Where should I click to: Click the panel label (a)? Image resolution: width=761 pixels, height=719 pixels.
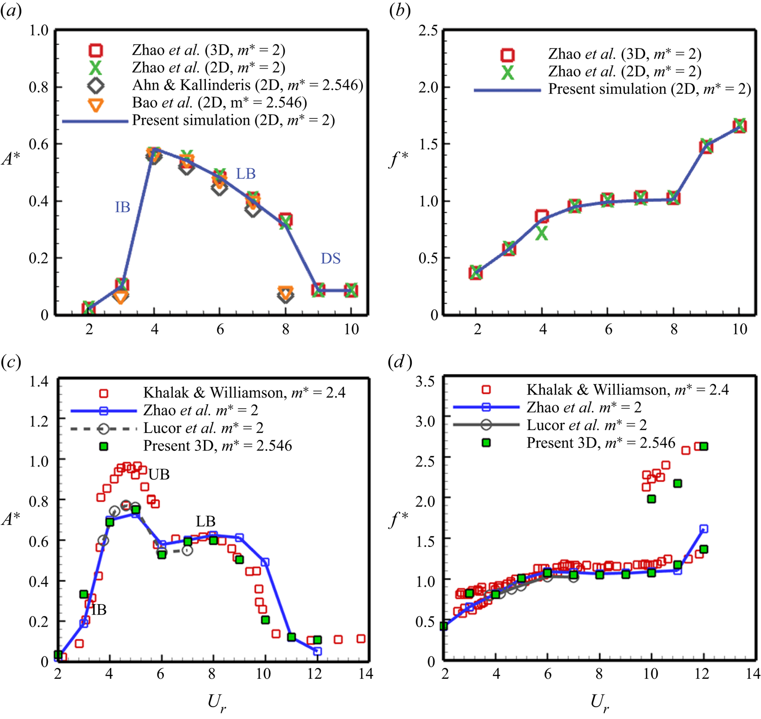point(11,11)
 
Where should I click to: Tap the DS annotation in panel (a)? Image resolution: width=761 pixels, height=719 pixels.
point(330,259)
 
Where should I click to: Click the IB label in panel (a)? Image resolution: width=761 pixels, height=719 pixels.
point(123,207)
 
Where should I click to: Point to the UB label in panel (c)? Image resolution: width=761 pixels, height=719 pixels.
point(159,474)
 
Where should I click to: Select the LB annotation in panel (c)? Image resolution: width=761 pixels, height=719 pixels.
point(205,521)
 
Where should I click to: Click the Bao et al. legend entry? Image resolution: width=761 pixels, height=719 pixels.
point(219,103)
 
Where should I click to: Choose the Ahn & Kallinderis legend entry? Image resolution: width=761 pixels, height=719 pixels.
point(247,85)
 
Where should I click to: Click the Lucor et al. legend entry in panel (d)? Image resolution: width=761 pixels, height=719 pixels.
point(586,425)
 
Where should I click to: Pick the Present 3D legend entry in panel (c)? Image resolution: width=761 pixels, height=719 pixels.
point(217,446)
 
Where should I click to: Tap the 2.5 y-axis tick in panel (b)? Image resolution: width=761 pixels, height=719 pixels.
point(428,31)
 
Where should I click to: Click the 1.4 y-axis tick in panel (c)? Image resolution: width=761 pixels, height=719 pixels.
point(39,381)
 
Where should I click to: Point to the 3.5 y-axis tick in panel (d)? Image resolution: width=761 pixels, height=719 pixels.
point(425,381)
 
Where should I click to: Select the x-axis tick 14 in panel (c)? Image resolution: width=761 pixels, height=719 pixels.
point(365,674)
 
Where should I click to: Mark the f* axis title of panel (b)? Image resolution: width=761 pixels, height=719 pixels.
point(398,159)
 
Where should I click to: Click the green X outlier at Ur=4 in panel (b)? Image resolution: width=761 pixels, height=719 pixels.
point(542,233)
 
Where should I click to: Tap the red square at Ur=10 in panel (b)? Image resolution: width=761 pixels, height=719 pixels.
point(739,126)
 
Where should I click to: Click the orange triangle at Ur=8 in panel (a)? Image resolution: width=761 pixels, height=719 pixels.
point(285,293)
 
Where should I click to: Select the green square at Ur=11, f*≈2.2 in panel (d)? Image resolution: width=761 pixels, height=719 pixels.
point(678,484)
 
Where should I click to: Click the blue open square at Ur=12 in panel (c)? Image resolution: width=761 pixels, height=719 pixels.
point(317,651)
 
